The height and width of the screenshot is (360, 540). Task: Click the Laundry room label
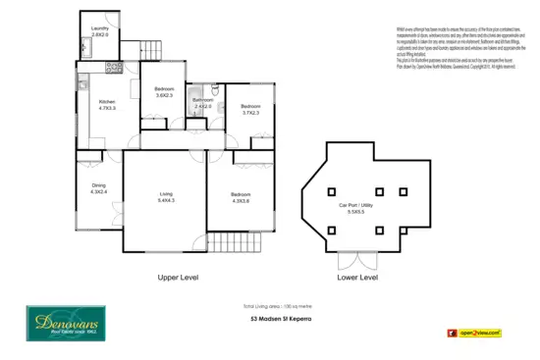coord(98,30)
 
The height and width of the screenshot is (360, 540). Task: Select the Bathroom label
coord(202,103)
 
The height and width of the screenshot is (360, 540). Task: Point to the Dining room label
coord(98,188)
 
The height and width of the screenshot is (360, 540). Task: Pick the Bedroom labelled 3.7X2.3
coord(250,109)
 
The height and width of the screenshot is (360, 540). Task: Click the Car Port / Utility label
coord(351,208)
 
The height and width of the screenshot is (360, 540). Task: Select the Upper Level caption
coord(178,278)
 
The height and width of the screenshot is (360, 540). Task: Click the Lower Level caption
coord(356,278)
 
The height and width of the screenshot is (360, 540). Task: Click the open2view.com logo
coord(480,334)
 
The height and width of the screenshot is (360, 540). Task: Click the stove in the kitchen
coord(112,69)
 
